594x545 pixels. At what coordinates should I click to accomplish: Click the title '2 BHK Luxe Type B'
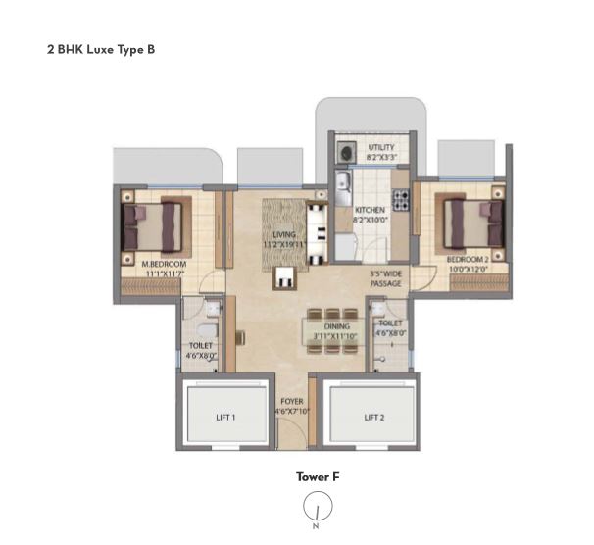[x=100, y=47]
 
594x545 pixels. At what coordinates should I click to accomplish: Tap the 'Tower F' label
[x=318, y=477]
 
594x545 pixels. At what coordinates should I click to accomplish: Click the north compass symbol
[x=318, y=508]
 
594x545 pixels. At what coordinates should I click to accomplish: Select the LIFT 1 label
[x=225, y=417]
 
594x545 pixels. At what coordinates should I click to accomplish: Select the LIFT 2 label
[x=372, y=417]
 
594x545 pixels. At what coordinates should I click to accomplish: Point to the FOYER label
[x=292, y=407]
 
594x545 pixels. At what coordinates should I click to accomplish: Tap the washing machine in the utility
[x=345, y=152]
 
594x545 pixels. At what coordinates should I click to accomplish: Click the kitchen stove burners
[x=401, y=200]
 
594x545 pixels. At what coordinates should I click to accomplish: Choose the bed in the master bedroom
[x=153, y=226]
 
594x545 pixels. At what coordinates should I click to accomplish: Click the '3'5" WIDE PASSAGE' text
[x=386, y=279]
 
